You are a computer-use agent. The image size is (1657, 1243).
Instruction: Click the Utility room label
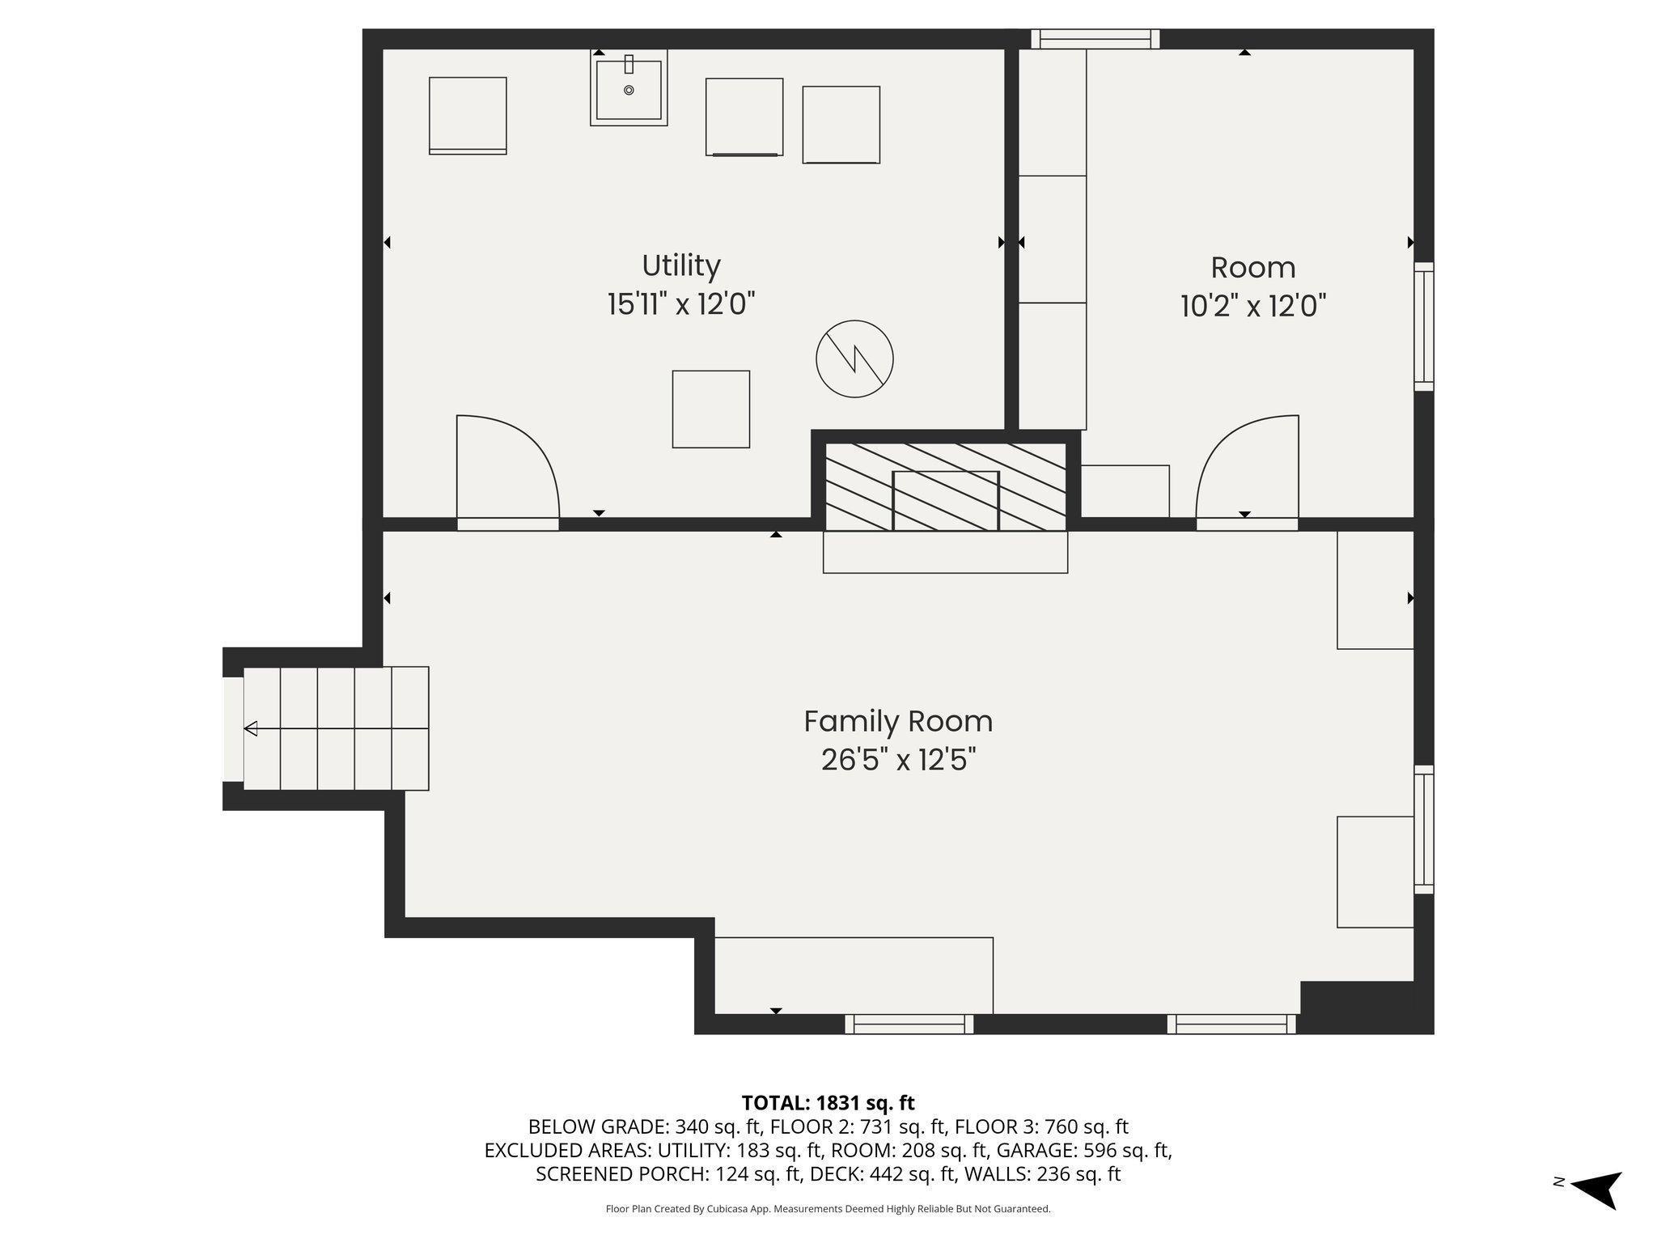coord(680,266)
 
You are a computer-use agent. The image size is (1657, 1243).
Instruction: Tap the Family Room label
coord(898,721)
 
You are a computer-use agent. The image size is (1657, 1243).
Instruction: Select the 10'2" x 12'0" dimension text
coord(1253,307)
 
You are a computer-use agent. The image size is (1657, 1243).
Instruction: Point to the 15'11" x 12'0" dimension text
coord(681,305)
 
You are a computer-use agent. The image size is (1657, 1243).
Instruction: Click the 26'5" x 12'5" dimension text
coord(898,760)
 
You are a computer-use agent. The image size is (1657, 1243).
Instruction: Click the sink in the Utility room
coord(629,87)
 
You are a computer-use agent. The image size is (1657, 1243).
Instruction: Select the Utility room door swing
coord(507,466)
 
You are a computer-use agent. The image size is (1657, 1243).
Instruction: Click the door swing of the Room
coord(1247,466)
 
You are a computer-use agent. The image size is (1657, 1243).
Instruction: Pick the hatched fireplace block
coord(946,486)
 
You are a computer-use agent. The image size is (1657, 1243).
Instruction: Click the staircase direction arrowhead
coord(251,728)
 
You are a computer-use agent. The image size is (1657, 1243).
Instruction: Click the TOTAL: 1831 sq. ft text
coord(828,1103)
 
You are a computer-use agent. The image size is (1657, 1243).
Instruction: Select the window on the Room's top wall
coord(1095,39)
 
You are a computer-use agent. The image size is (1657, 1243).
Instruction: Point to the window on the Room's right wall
coord(1424,326)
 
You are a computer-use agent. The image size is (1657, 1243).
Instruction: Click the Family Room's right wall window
coord(1424,829)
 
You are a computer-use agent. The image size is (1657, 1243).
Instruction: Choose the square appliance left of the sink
coord(468,116)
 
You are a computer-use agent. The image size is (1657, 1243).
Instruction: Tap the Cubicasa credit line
coord(828,1209)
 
